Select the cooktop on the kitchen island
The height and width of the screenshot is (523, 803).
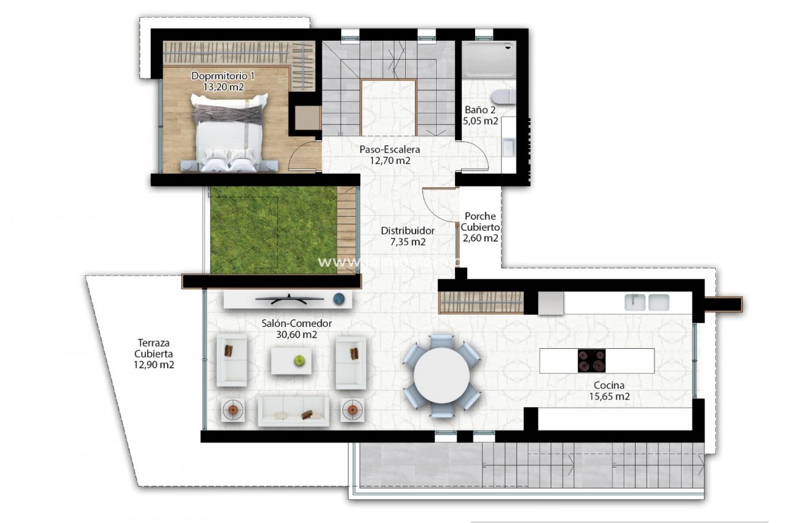(591, 360)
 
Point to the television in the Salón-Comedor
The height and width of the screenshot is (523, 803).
(289, 298)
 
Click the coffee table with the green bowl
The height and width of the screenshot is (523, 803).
(298, 360)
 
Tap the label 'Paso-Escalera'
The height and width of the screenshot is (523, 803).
(390, 149)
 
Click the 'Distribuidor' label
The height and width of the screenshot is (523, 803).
(407, 231)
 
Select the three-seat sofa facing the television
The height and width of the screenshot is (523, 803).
(294, 411)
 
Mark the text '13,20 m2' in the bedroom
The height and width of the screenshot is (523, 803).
(223, 87)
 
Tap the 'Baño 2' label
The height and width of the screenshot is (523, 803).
(481, 110)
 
